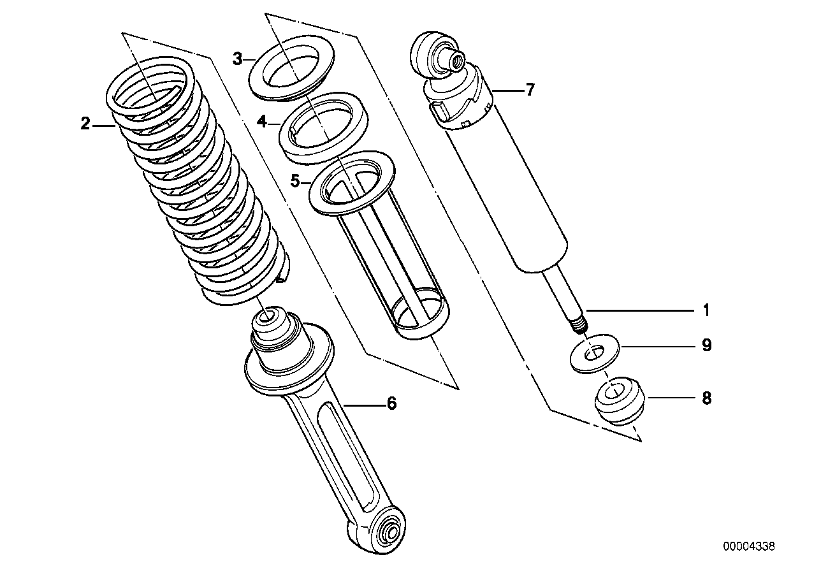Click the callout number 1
tap(706, 311)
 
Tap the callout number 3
tap(237, 60)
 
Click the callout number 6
tap(391, 403)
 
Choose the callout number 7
tap(530, 90)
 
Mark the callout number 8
tap(706, 398)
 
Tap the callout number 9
tap(706, 345)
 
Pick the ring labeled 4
tap(324, 127)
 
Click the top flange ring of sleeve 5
tap(351, 182)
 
